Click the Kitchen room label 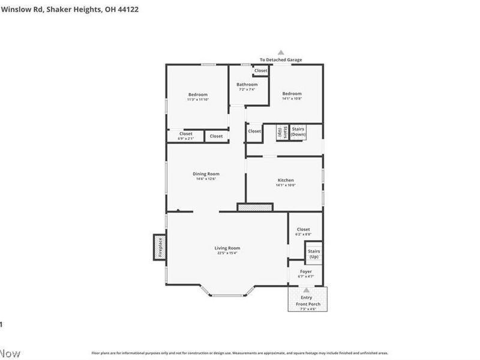(x=286, y=180)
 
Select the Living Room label (x=227, y=248)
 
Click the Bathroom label (x=247, y=85)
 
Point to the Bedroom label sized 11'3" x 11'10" (x=197, y=94)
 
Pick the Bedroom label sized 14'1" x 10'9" (x=292, y=94)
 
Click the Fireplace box (x=160, y=247)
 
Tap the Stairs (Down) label (x=298, y=131)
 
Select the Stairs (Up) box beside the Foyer (x=314, y=254)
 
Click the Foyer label (x=306, y=271)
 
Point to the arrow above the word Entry (x=307, y=290)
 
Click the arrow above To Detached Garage (x=280, y=53)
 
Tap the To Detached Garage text (x=280, y=60)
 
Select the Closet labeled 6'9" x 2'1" (x=186, y=136)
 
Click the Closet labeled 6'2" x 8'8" (x=303, y=231)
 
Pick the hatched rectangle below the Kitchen (x=255, y=207)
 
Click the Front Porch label (x=308, y=304)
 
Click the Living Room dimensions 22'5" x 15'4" (x=227, y=253)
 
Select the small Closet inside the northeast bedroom (x=260, y=71)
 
